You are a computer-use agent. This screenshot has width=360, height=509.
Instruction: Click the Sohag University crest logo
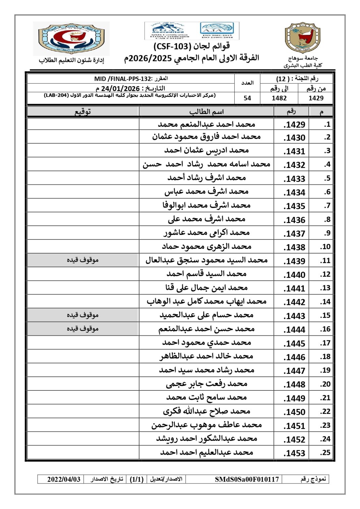click(302, 38)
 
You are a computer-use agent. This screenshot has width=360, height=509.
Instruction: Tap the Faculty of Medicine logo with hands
click(71, 38)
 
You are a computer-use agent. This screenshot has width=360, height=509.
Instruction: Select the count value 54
click(247, 98)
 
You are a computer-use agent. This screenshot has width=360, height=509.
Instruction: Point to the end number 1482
click(279, 98)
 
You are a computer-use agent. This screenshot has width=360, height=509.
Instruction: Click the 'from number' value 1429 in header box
click(316, 98)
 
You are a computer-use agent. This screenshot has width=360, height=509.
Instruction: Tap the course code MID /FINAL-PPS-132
click(123, 79)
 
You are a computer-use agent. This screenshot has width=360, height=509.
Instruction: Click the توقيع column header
click(83, 112)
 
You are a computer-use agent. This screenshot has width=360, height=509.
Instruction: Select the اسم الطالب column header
click(207, 112)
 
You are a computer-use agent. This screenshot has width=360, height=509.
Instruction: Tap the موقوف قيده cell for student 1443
click(83, 315)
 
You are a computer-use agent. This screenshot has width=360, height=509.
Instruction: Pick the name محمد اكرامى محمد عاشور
click(207, 233)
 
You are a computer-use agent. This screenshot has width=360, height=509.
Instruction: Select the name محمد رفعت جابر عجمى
click(207, 384)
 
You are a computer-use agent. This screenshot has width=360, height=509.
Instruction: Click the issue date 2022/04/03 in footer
click(64, 479)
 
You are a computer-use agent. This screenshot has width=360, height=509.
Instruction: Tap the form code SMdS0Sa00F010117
click(247, 479)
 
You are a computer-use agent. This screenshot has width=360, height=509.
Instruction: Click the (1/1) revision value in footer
click(137, 479)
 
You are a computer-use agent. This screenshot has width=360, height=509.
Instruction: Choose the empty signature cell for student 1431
click(83, 150)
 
